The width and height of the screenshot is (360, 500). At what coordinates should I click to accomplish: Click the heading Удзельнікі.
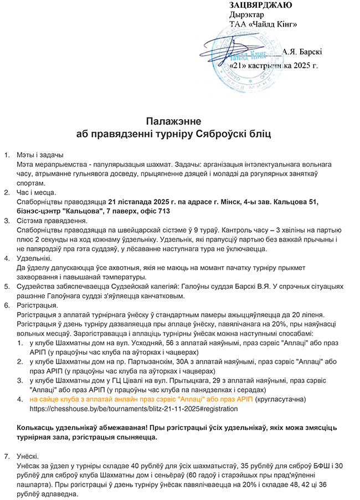(x=34, y=258)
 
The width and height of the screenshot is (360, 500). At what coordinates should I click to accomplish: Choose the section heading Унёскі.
(x=31, y=456)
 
